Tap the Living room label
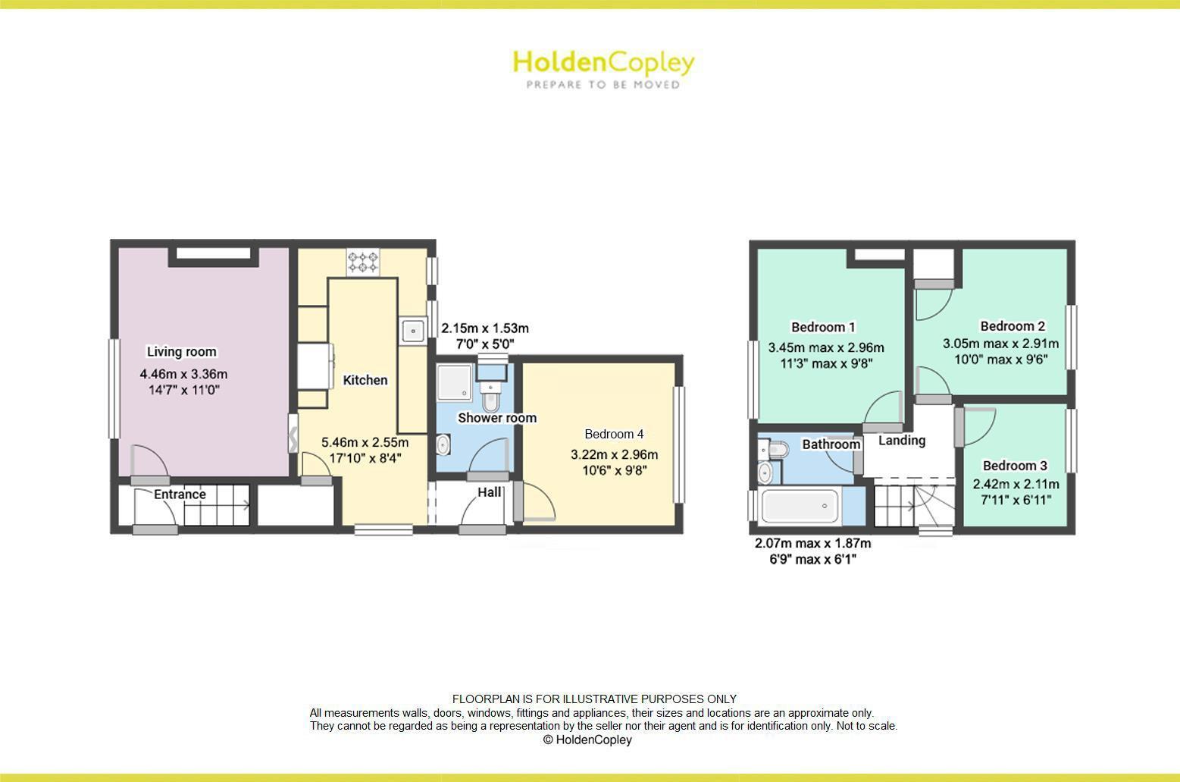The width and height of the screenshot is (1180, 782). click(181, 351)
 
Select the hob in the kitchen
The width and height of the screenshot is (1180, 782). click(362, 262)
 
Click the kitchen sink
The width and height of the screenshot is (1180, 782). click(412, 330)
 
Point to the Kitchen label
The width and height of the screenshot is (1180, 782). click(365, 380)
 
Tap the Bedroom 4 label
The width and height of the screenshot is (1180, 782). click(614, 434)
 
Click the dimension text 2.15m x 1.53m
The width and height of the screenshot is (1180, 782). click(485, 328)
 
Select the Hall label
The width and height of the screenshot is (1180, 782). click(489, 492)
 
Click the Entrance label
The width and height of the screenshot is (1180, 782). click(180, 495)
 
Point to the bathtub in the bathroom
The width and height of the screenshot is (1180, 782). click(800, 505)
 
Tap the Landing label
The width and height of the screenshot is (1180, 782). click(901, 440)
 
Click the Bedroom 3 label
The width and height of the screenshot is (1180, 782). click(1015, 466)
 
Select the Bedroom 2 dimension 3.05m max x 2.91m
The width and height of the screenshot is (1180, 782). click(1000, 343)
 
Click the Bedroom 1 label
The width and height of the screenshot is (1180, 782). click(823, 327)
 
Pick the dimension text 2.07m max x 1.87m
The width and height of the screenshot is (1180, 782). click(812, 543)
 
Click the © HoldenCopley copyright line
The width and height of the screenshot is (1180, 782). click(587, 740)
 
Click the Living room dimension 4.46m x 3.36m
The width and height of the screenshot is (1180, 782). click(183, 374)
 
